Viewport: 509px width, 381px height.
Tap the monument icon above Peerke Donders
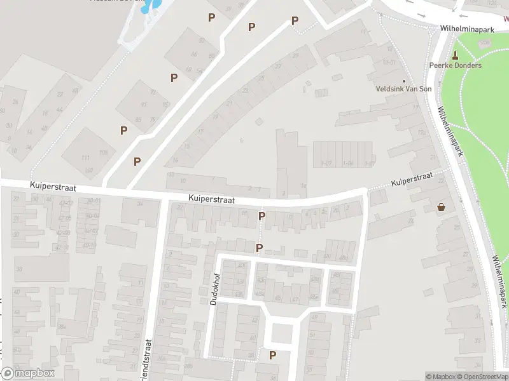tap(455, 55)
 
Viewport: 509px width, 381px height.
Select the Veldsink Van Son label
tap(404, 89)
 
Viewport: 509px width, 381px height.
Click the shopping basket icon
tap(441, 207)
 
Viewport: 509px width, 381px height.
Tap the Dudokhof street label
tap(213, 289)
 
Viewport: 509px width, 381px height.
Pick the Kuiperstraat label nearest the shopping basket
tap(412, 179)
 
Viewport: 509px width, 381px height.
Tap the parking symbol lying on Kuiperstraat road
tap(261, 217)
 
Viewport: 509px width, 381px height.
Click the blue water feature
tap(151, 6)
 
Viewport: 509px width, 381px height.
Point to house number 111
tap(85, 157)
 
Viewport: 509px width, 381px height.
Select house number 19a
tap(421, 132)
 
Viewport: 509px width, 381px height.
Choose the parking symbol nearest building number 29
tap(295, 21)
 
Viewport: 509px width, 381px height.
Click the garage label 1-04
tap(348, 163)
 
